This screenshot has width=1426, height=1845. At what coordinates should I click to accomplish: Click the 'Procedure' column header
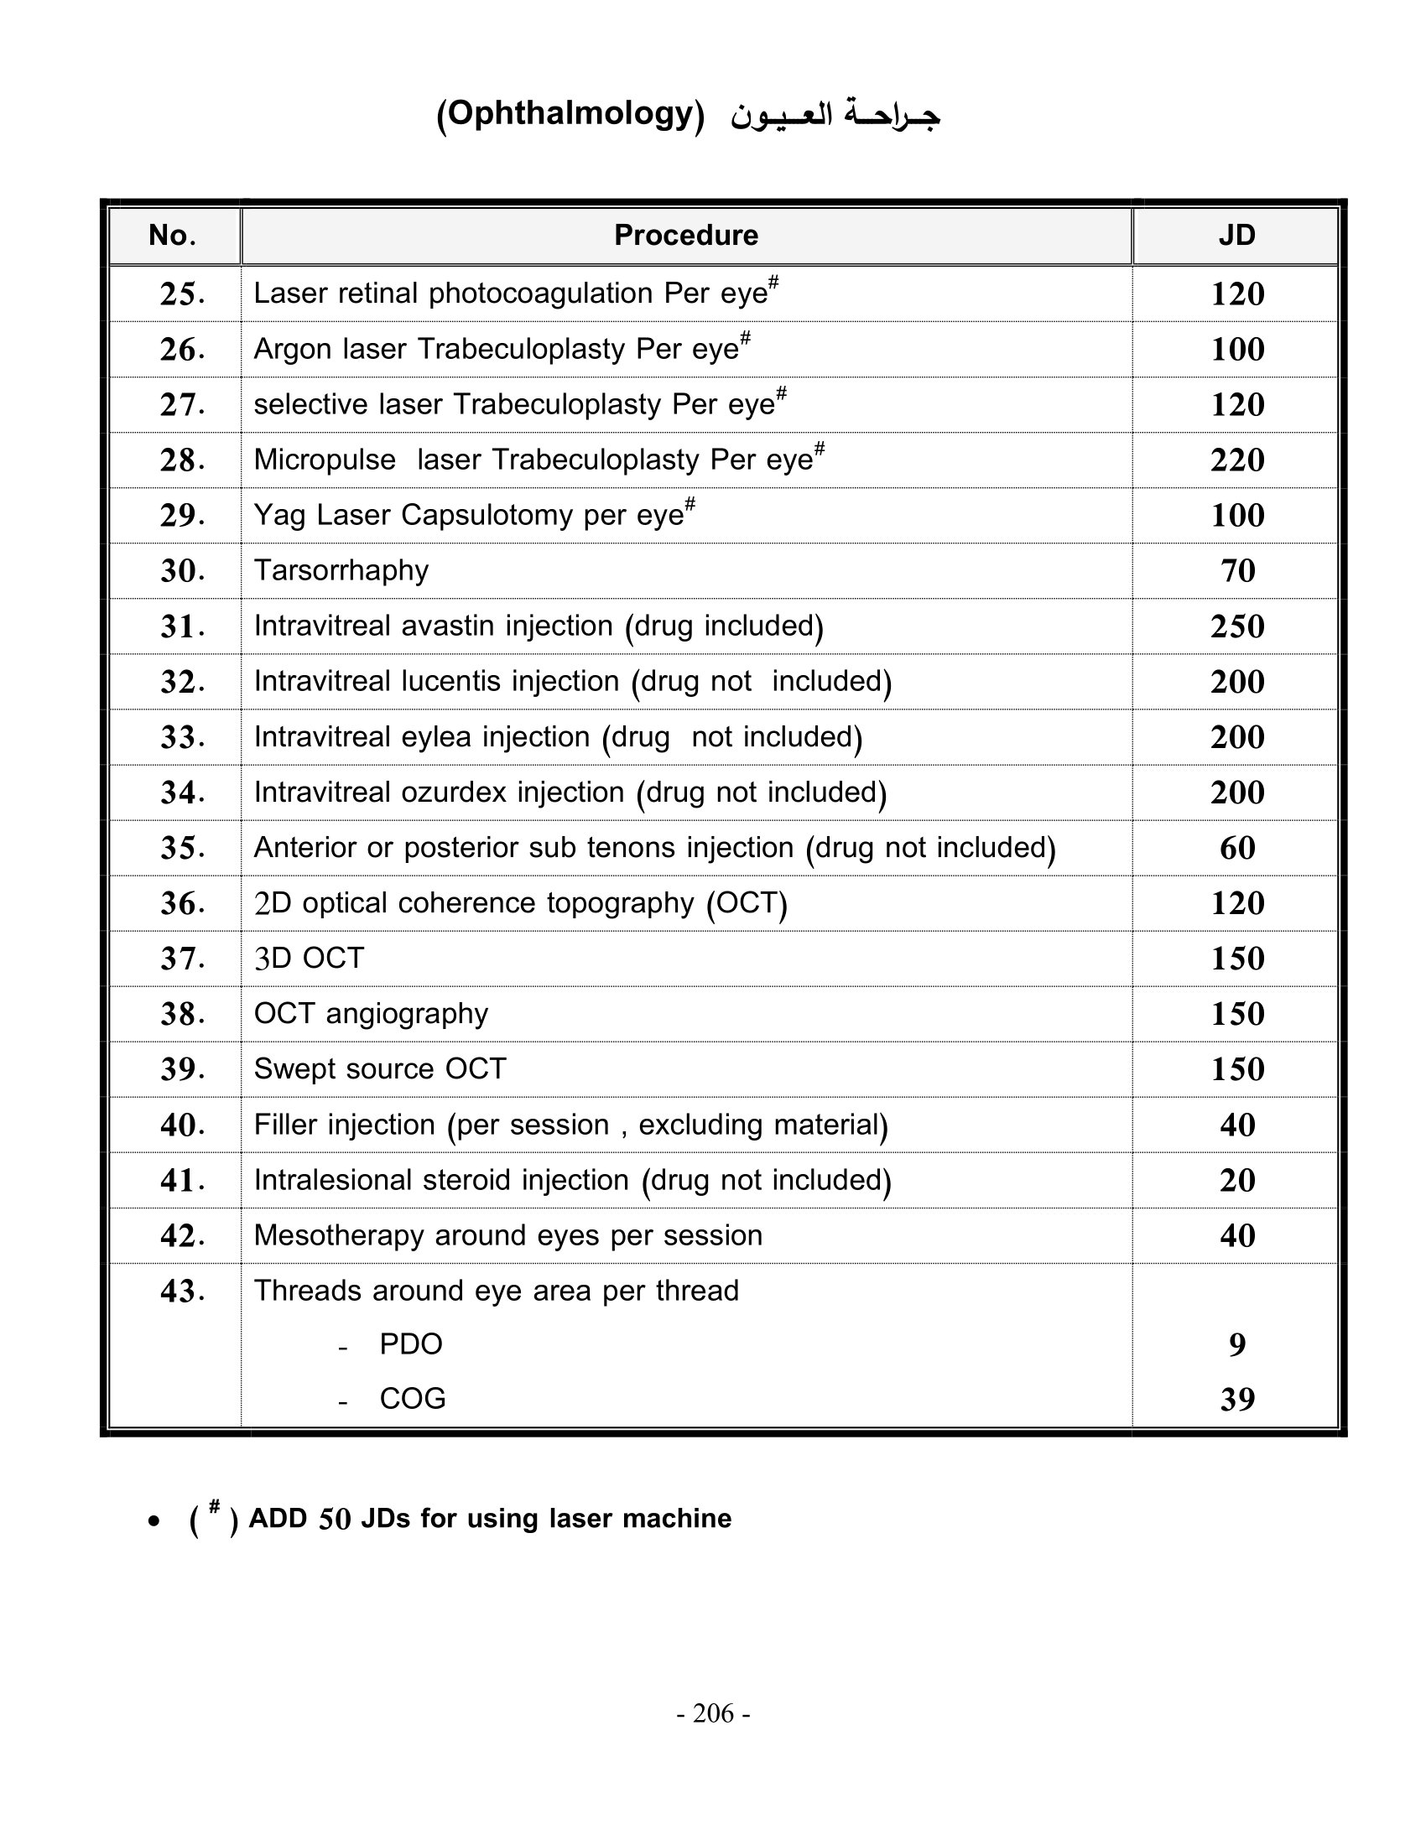coord(685,235)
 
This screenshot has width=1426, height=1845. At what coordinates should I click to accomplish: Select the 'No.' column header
coord(172,235)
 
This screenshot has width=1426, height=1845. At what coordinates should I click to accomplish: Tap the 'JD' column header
coord(1236,235)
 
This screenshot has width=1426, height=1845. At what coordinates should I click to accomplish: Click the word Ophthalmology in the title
coord(570,113)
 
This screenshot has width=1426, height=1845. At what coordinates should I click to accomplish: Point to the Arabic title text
coord(835,115)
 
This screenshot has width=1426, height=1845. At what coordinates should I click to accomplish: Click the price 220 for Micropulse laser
coord(1236,460)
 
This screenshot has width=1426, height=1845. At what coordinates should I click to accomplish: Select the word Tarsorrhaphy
coord(341,570)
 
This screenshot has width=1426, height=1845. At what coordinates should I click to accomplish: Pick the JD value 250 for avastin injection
coord(1236,626)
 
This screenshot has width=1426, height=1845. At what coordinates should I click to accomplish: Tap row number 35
coord(182,848)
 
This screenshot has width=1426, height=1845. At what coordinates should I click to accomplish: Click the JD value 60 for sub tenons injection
coord(1236,848)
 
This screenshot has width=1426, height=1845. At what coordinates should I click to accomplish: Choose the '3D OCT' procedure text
coord(310,958)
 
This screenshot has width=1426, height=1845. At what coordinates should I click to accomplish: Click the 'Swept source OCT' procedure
coord(380,1068)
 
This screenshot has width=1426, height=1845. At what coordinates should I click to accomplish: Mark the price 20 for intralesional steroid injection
coord(1236,1180)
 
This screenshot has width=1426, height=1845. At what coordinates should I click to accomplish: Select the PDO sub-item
coord(410,1344)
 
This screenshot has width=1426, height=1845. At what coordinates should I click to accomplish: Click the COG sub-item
coord(412,1399)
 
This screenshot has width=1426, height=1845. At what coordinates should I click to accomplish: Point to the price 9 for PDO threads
coord(1236,1344)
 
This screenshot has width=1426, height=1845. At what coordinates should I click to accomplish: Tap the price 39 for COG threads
coord(1236,1400)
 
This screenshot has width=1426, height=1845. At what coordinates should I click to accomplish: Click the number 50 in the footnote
coord(335,1519)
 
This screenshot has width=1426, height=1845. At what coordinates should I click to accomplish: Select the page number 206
coord(713,1713)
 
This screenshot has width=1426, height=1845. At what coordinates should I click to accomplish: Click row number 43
coord(182,1291)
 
